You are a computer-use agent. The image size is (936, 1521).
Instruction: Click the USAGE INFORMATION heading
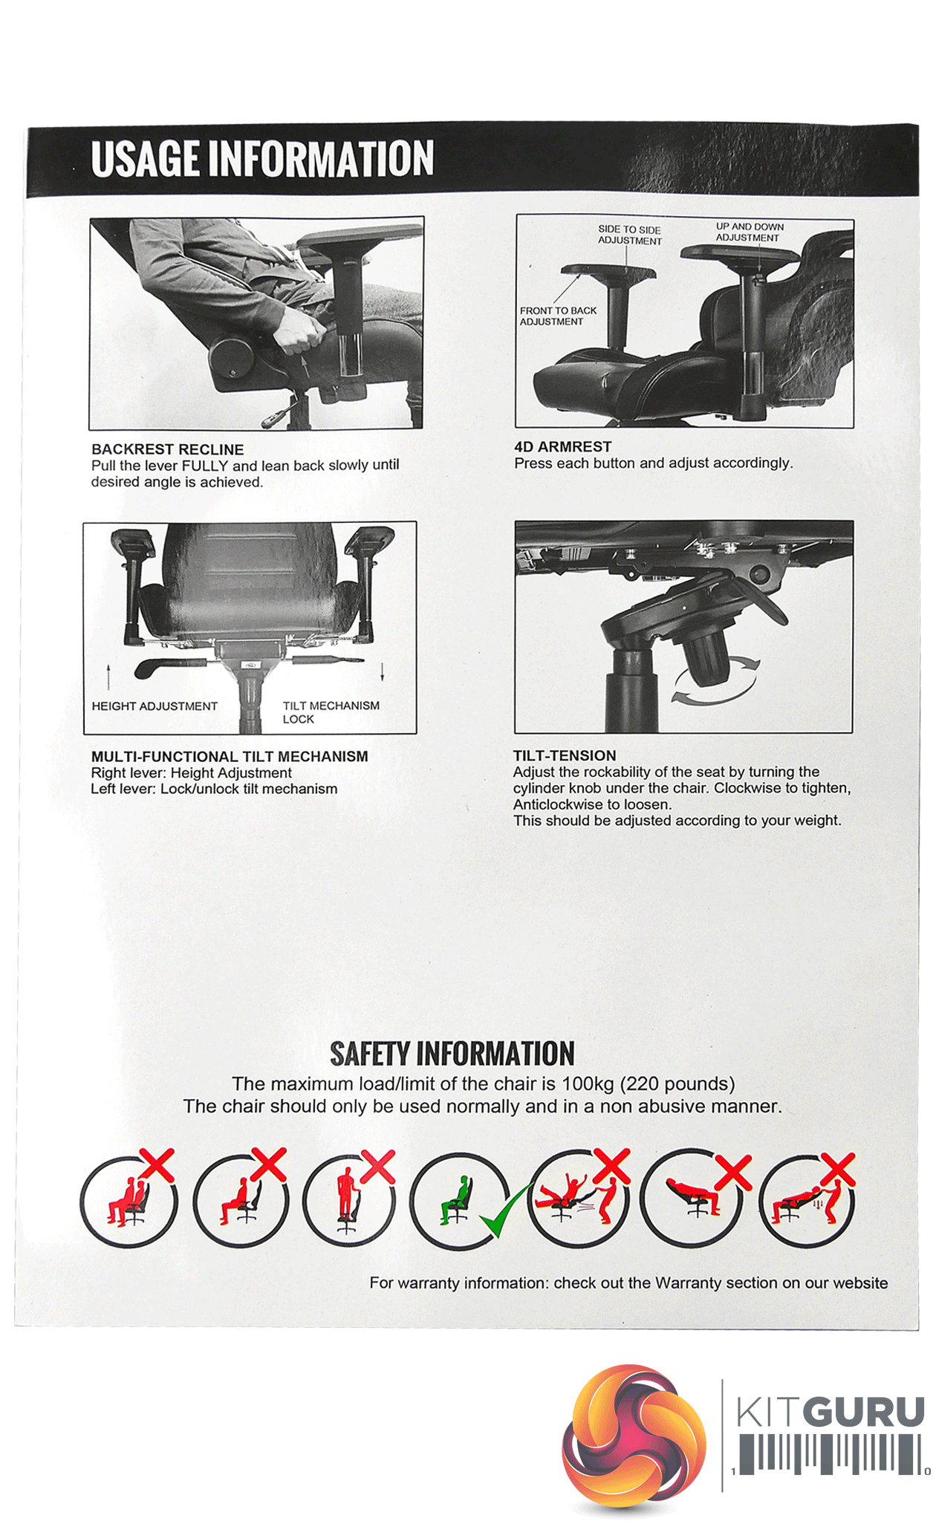coord(262,158)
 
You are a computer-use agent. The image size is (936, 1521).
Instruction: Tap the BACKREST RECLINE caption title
coord(167,449)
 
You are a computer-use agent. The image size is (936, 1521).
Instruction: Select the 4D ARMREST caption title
coord(563,446)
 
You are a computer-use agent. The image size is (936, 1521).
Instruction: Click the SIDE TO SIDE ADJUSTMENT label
coord(630,235)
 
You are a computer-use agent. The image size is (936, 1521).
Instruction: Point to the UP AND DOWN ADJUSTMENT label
coord(750,232)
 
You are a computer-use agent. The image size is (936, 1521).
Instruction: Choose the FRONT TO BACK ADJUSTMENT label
coord(558,316)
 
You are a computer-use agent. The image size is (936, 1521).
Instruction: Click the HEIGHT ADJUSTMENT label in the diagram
coord(155,706)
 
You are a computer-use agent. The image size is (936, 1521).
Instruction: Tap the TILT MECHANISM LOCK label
coord(331,712)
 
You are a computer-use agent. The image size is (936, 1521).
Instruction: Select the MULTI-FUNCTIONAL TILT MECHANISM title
coord(230,756)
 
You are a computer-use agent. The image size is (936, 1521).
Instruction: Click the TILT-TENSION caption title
coord(565,755)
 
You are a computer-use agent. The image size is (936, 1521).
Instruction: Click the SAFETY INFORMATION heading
coord(452,1054)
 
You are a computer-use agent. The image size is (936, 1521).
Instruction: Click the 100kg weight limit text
coord(588,1084)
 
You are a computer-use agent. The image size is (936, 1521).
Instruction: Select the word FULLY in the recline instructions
coord(205,466)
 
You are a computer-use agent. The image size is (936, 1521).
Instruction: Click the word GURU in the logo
coord(866,1413)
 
